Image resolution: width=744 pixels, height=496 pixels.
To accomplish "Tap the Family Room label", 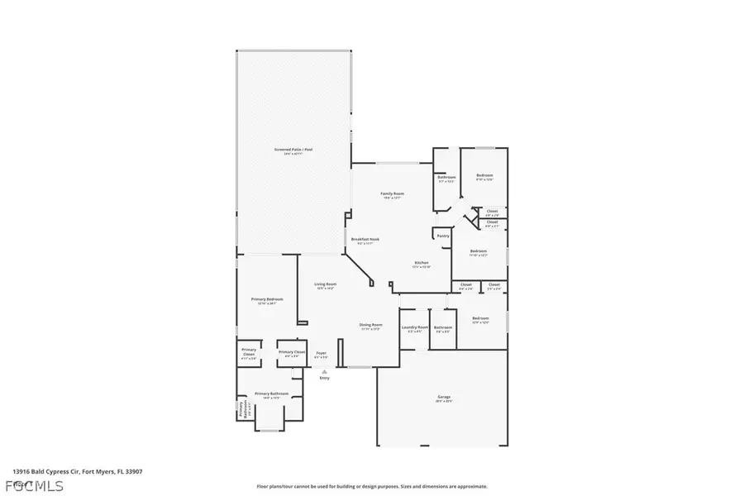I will (391, 193).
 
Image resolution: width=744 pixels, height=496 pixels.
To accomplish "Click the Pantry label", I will (443, 236).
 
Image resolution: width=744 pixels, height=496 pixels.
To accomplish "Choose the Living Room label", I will (325, 284).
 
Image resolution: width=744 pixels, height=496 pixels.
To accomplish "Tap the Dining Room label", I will (370, 325).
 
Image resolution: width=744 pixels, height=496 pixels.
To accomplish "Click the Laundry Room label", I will (415, 327).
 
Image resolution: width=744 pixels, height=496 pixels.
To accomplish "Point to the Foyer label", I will (321, 353).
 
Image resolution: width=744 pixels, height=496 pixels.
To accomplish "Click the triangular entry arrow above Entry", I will (324, 372).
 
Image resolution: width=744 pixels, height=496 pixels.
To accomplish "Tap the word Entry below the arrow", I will (324, 378).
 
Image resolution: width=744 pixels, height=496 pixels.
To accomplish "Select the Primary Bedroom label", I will (267, 299).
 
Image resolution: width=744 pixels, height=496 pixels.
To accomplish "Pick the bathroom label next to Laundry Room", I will (443, 327).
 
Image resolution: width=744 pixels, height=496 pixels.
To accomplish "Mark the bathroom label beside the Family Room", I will (446, 177).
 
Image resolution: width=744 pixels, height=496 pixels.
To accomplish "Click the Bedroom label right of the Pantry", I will (479, 250).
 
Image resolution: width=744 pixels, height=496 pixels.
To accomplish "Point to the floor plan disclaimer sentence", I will (372, 486).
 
